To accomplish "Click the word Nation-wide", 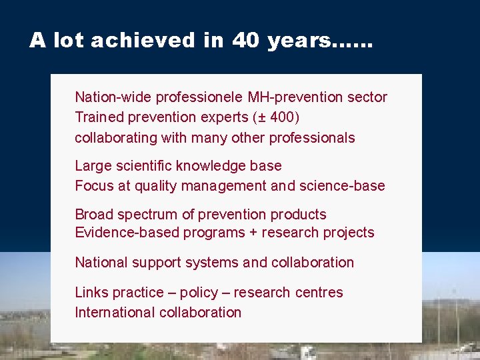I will click(113, 97).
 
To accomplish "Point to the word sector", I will click(367, 97).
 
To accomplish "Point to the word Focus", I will click(94, 186).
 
